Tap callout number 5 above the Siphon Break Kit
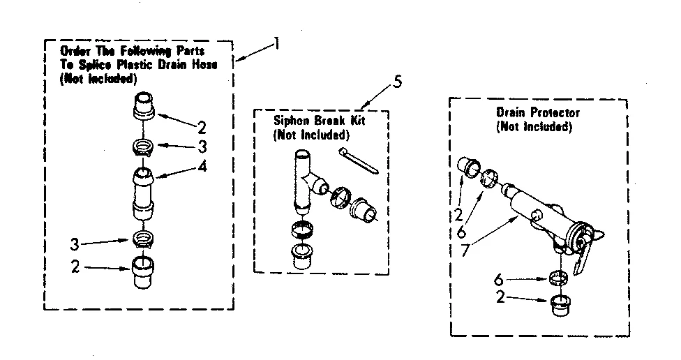pyautogui.click(x=397, y=82)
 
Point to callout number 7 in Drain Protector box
pyautogui.click(x=465, y=248)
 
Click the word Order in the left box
pyautogui.click(x=75, y=52)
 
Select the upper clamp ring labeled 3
pyautogui.click(x=142, y=147)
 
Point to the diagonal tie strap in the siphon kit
pyautogui.click(x=357, y=158)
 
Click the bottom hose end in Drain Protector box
pyautogui.click(x=560, y=306)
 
